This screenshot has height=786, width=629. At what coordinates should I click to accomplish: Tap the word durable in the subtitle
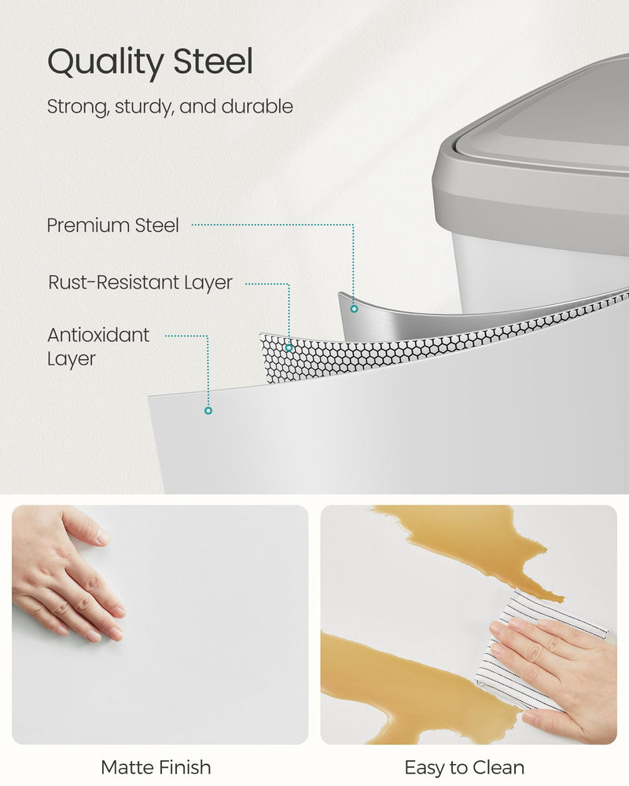[257, 106]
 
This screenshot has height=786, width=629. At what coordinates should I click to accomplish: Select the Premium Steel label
[113, 226]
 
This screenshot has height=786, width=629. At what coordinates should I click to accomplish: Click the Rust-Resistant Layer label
[140, 282]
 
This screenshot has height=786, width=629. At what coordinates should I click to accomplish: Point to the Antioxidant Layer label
[97, 347]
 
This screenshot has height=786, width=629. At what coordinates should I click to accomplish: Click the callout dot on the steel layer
[354, 309]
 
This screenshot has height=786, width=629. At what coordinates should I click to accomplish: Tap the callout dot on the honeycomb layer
[289, 347]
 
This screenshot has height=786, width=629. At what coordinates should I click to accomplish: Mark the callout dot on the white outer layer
[208, 410]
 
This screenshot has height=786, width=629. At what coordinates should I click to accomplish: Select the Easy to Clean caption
[464, 767]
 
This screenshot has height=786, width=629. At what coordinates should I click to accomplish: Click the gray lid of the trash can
[543, 149]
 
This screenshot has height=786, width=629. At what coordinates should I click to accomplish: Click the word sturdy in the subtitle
[144, 106]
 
